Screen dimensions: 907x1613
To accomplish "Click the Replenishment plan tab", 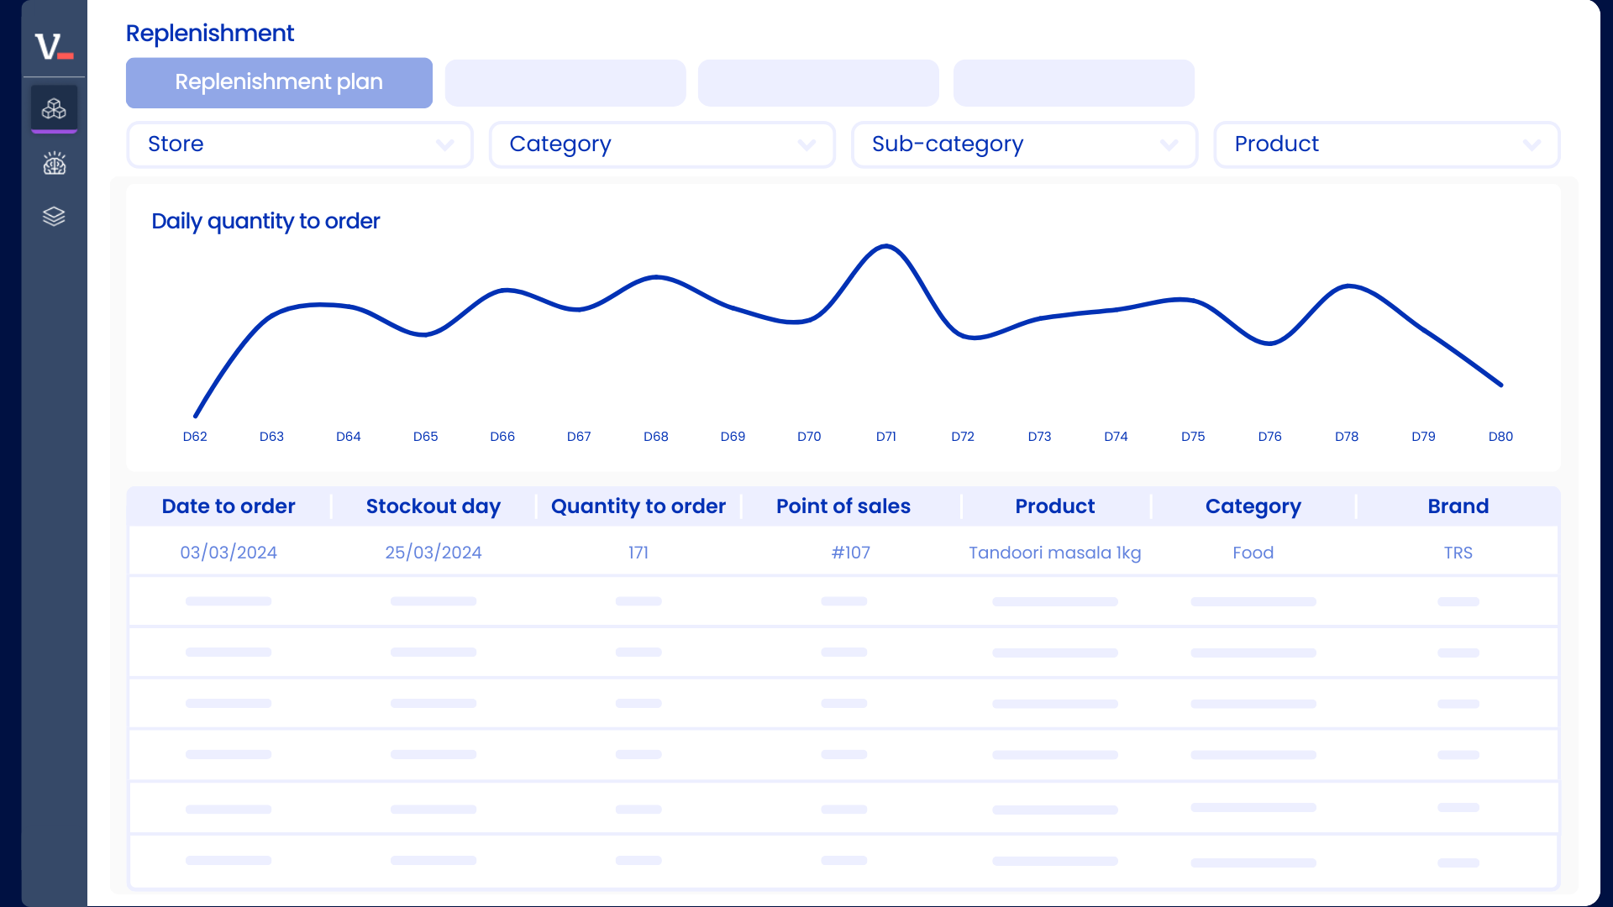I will (x=279, y=82).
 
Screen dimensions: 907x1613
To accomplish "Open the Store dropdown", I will (x=299, y=144).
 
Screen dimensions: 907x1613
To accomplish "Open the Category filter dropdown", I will (x=661, y=144).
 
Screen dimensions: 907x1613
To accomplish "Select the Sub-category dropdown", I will (x=1023, y=144).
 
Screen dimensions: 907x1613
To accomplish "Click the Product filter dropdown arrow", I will (x=1532, y=145).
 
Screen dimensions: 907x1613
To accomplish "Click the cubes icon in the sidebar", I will (x=54, y=109).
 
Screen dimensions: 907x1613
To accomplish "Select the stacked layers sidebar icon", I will (x=54, y=217).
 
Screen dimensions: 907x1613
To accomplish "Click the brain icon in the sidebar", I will (x=54, y=163).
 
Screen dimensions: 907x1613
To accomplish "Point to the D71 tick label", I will (x=885, y=437).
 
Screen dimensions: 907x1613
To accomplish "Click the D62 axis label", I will (x=195, y=437).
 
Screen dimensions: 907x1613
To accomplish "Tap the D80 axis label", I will (x=1500, y=437).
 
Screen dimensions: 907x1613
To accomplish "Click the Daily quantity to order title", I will (x=265, y=221).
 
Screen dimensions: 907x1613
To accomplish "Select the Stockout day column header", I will (x=433, y=506).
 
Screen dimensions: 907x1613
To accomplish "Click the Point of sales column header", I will (x=843, y=506).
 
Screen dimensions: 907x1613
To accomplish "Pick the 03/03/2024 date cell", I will (x=229, y=553).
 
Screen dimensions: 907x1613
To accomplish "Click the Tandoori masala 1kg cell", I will (x=1054, y=553).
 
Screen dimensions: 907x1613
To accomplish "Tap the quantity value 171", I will (x=638, y=553).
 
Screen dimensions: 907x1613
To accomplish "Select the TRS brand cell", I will (x=1458, y=553).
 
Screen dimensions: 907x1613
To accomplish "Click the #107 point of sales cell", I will (x=850, y=553).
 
